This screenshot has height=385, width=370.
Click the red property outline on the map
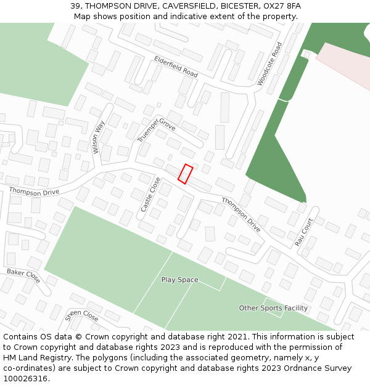185,174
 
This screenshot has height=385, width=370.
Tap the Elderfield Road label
176,66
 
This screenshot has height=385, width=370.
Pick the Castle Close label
150,195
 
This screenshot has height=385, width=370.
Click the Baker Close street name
23,276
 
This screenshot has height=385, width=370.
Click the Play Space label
180,280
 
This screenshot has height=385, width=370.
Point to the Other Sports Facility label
273,308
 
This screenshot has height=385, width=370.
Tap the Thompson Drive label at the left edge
34,192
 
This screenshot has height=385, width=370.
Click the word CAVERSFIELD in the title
189,6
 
